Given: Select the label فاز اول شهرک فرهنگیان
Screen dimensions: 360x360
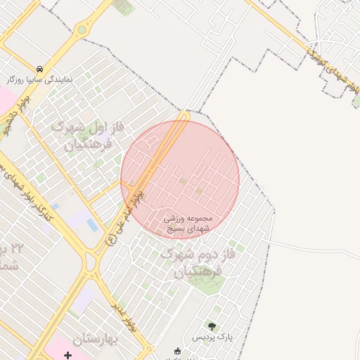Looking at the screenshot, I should tap(88, 136).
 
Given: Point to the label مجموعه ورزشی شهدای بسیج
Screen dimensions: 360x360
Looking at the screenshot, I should tap(188, 224).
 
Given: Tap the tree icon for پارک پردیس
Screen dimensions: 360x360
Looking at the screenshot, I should tap(212, 326).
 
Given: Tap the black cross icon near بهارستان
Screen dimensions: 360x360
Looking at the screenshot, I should tap(67, 356).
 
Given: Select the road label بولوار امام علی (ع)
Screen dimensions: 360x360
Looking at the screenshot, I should tap(127, 214).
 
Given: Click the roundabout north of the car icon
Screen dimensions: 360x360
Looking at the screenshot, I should tap(82, 30).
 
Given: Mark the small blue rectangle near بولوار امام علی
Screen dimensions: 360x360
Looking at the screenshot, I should tap(92, 224).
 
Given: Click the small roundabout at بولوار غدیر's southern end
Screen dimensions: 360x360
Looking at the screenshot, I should tap(148, 348).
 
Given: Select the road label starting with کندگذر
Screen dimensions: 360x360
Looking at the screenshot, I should tap(28, 196).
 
